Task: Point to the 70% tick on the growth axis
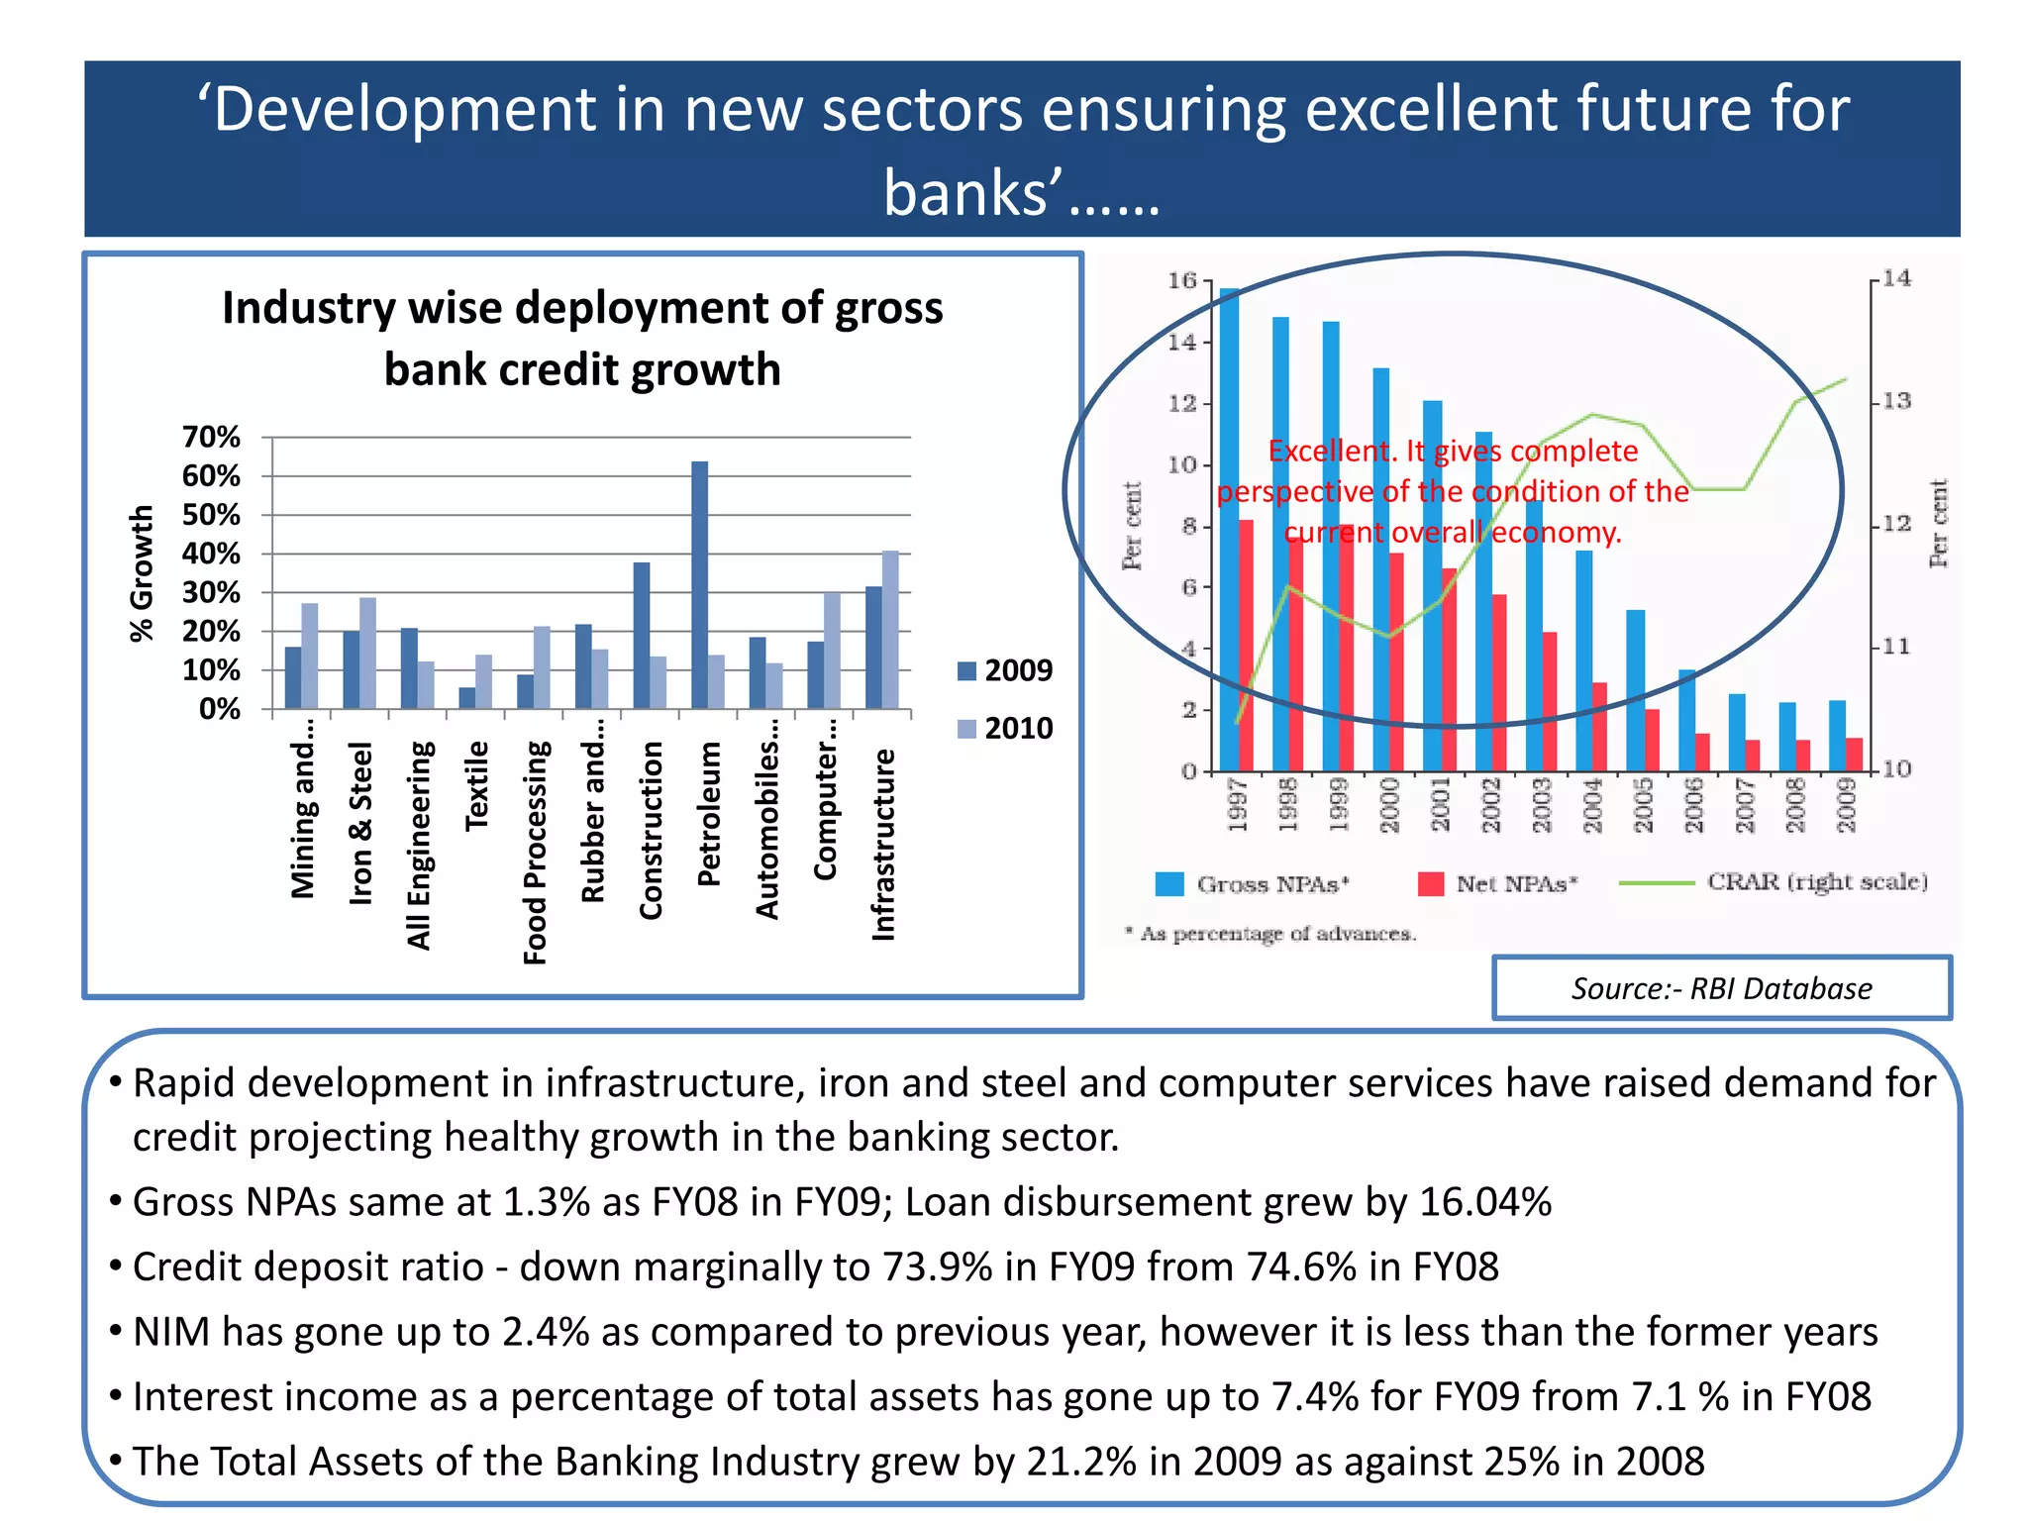[x=211, y=437]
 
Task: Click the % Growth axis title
[x=143, y=573]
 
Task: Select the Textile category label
[x=477, y=785]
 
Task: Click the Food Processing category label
[x=535, y=852]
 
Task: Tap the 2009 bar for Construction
[x=642, y=635]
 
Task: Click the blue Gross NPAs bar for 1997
[x=1229, y=530]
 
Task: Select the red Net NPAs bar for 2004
[x=1599, y=726]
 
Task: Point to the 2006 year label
[x=1694, y=804]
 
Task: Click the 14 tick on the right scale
[x=1896, y=278]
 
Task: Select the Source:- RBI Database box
[x=1721, y=987]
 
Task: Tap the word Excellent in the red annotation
[x=1329, y=452]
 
